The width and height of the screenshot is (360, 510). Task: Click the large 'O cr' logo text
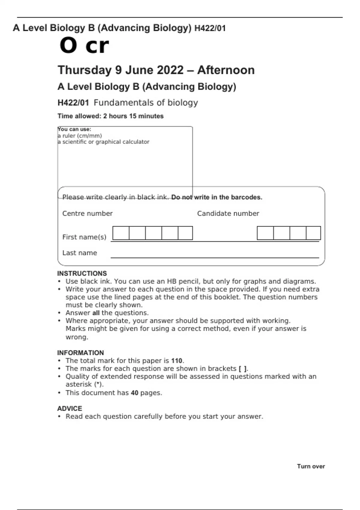pos(84,46)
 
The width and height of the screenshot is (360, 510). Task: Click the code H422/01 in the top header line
pos(210,28)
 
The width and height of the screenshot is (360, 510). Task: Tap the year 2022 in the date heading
pos(170,70)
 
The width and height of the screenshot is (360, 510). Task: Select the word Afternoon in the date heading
pos(226,70)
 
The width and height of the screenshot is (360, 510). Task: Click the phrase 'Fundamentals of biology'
pos(146,103)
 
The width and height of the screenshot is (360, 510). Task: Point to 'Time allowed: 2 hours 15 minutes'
pos(110,116)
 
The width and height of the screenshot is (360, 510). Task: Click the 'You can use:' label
pos(74,129)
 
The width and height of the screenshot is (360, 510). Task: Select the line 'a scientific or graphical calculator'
pos(103,142)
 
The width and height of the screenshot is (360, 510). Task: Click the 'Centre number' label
pos(87,214)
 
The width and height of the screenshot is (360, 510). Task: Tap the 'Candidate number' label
pos(228,214)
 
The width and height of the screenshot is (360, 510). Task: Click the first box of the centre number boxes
pos(121,233)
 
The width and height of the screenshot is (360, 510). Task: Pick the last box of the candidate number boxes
pos(313,233)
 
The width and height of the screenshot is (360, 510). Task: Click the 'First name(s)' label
pos(84,237)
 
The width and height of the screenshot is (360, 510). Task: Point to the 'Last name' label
pos(79,253)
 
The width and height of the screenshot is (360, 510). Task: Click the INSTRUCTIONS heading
pos(82,274)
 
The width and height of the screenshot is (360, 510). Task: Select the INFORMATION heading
pos(80,353)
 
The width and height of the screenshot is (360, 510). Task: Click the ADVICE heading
pos(70,409)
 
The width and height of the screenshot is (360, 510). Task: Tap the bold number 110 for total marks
pos(177,361)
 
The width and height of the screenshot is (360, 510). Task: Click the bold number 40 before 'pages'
pos(134,393)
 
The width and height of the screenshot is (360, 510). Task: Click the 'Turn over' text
pos(311,466)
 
